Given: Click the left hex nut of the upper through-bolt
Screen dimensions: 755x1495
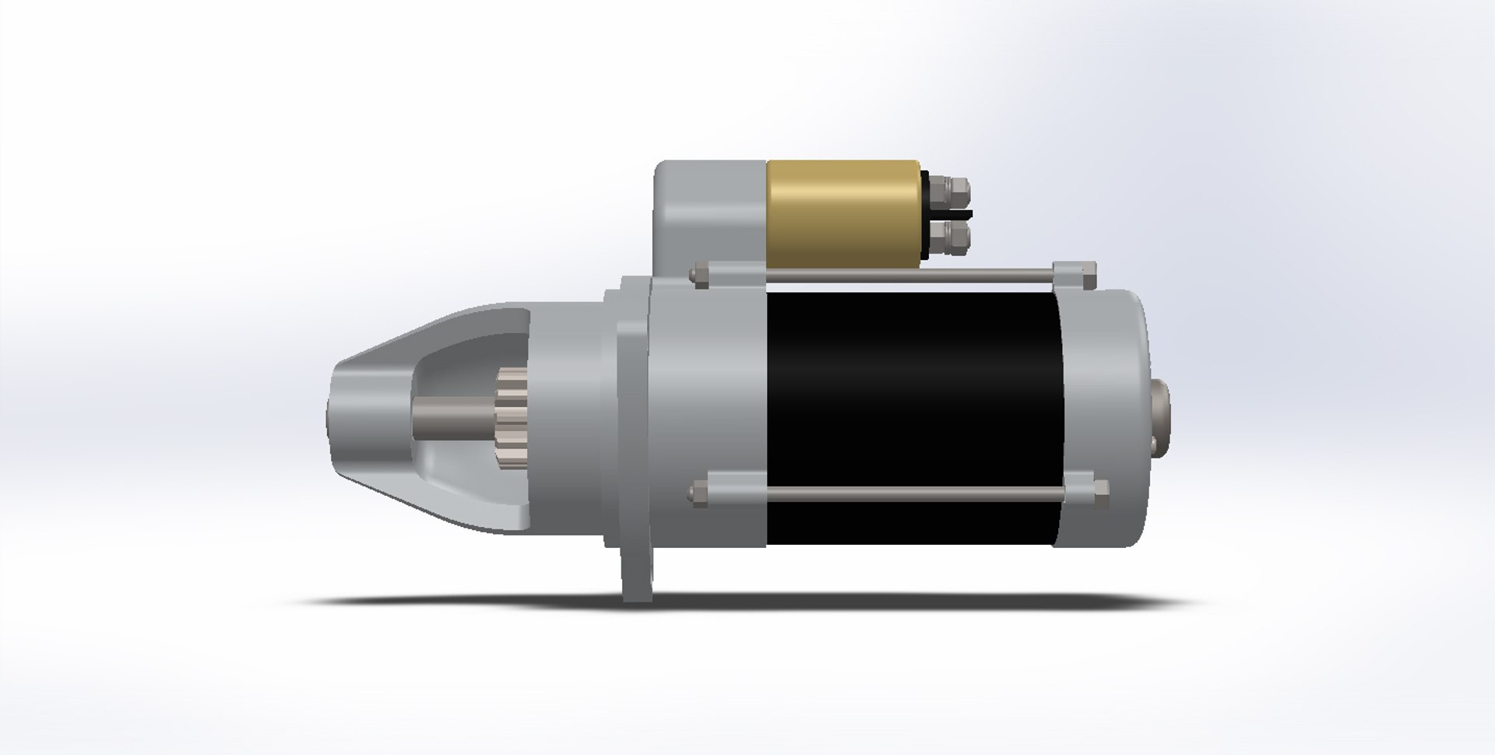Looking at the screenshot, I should point(699,275).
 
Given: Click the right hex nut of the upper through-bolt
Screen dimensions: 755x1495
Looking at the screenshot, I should point(1089,272).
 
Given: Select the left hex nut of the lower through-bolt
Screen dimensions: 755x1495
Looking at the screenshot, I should point(699,492).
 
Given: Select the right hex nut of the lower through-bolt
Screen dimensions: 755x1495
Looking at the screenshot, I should point(1099,490).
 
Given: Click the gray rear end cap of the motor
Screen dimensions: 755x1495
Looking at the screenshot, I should point(1106,420).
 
